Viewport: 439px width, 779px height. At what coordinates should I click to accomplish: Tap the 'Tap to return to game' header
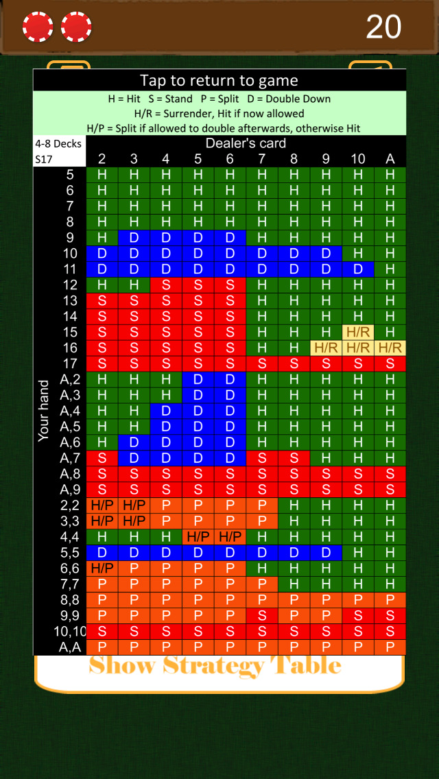pyautogui.click(x=219, y=81)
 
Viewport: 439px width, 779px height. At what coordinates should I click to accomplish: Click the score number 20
pyautogui.click(x=383, y=27)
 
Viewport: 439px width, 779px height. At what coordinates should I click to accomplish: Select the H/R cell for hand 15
pyautogui.click(x=358, y=332)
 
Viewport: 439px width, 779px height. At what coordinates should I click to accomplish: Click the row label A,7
pyautogui.click(x=70, y=458)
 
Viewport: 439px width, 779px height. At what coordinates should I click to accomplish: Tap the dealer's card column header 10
pyautogui.click(x=358, y=159)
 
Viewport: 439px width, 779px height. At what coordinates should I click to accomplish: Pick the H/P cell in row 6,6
pyautogui.click(x=102, y=568)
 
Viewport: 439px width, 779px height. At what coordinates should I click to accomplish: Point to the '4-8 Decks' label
pyautogui.click(x=58, y=144)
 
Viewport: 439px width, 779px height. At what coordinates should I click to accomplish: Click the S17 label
pyautogui.click(x=44, y=159)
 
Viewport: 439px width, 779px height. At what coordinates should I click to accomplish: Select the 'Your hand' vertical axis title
pyautogui.click(x=44, y=411)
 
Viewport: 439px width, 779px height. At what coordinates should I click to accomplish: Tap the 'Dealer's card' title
pyautogui.click(x=246, y=143)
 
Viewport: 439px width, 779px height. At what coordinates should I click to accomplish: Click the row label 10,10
pyautogui.click(x=71, y=632)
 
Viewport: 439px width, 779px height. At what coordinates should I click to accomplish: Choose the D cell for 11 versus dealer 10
pyautogui.click(x=358, y=269)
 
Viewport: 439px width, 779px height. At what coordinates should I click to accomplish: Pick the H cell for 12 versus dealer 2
pyautogui.click(x=102, y=285)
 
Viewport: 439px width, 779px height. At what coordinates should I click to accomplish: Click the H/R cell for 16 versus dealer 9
pyautogui.click(x=326, y=348)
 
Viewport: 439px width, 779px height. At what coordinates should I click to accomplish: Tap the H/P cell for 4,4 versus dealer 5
pyautogui.click(x=198, y=537)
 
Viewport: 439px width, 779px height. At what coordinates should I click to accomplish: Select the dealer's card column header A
pyautogui.click(x=390, y=159)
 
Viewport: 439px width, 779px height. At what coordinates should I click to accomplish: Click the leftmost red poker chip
pyautogui.click(x=38, y=27)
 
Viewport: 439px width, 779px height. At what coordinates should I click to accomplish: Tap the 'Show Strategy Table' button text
pyautogui.click(x=215, y=666)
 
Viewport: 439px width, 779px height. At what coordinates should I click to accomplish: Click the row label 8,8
pyautogui.click(x=70, y=600)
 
